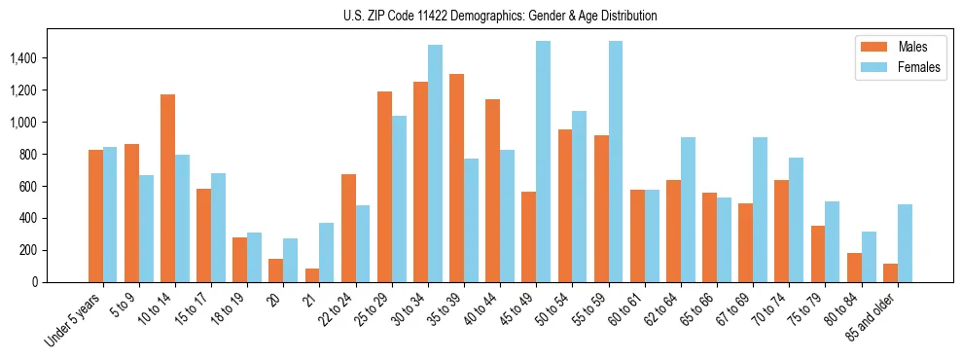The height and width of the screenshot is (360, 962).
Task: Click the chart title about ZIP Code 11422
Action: click(500, 16)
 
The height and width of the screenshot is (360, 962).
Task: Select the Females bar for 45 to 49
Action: click(543, 162)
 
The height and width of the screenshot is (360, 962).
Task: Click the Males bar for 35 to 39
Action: click(456, 178)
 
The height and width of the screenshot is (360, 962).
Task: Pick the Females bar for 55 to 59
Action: click(615, 162)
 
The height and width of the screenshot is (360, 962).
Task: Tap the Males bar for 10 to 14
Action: click(167, 188)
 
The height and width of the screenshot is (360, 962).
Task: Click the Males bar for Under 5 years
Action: click(95, 216)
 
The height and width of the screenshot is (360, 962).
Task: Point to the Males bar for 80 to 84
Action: click(854, 268)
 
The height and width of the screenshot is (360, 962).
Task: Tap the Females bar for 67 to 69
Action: click(760, 209)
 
